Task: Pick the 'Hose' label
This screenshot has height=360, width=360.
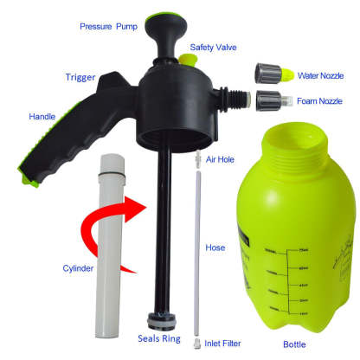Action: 215,247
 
